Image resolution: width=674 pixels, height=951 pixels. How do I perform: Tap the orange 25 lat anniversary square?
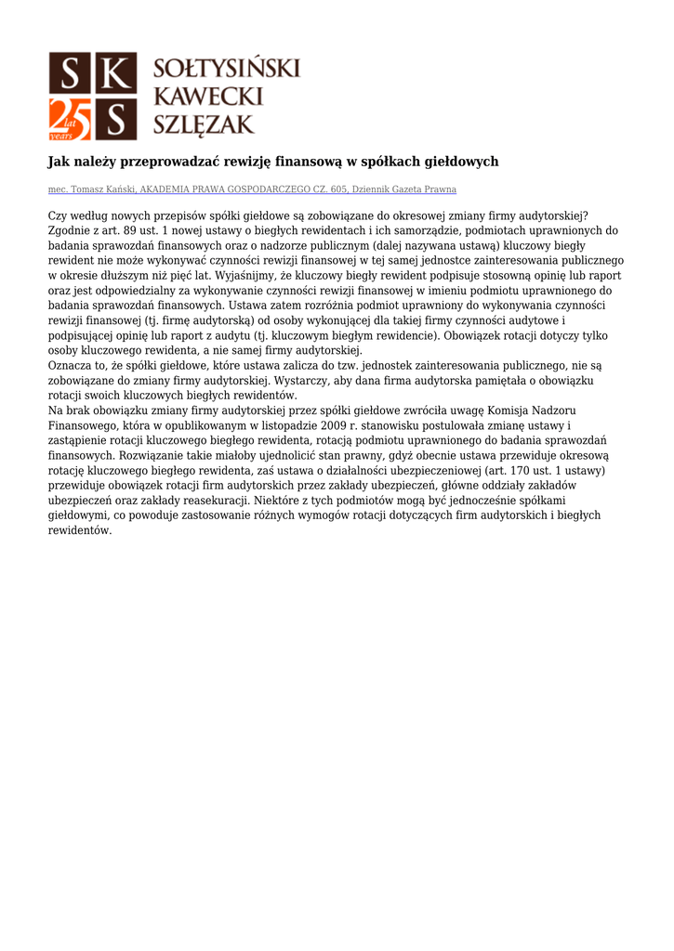point(70,118)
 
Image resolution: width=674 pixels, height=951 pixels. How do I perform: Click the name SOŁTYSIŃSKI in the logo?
point(226,69)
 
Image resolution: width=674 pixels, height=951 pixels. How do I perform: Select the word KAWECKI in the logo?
point(207,96)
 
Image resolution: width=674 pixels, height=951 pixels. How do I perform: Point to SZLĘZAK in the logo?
point(204,124)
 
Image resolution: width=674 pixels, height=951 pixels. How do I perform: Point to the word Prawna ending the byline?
point(439,189)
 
